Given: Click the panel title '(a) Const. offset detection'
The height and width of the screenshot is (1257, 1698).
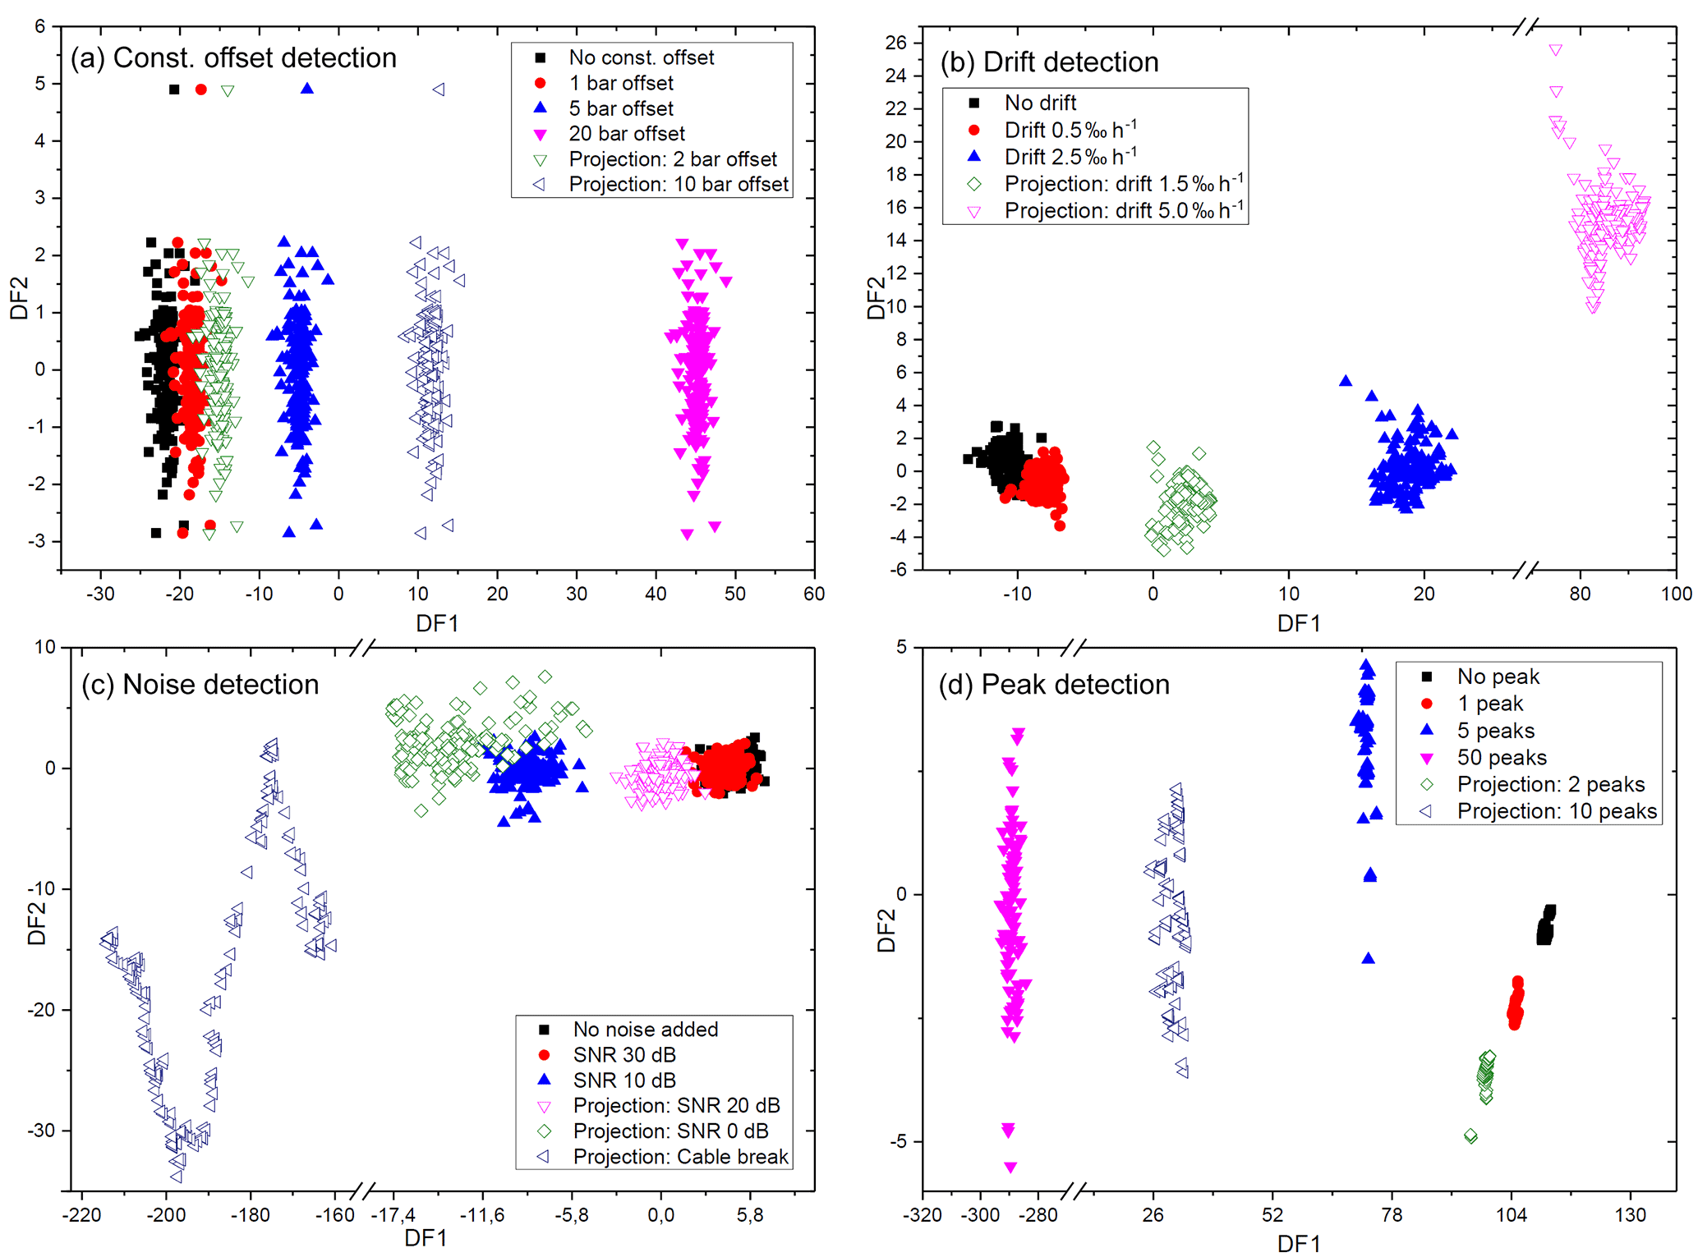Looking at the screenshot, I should (233, 58).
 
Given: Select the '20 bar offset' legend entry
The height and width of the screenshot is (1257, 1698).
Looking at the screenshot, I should (626, 134).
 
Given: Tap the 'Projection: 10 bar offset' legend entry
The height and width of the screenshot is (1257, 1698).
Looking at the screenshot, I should (678, 185).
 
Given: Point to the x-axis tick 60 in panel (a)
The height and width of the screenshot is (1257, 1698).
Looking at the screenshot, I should (813, 594).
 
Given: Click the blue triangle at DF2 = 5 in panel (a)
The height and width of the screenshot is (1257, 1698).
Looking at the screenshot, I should (307, 89).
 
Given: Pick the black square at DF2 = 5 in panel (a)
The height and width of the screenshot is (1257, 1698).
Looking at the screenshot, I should (174, 89).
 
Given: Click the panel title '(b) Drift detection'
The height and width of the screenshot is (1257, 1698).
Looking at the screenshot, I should (1049, 62).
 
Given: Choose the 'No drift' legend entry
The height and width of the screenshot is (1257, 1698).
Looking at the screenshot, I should (1040, 103).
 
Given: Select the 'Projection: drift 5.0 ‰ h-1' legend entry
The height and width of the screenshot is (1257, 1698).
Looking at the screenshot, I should (1123, 211).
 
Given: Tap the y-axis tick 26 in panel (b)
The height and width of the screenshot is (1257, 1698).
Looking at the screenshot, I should (895, 43).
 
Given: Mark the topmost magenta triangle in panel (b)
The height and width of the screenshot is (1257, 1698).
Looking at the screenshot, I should (1555, 50).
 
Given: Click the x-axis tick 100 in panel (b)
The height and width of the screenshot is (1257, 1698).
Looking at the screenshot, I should (1676, 594).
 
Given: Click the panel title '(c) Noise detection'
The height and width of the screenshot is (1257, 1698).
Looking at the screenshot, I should (200, 685).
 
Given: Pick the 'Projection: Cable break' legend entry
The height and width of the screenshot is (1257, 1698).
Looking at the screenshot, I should (680, 1157).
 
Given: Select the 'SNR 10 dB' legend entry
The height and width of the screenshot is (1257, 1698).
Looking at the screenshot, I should (624, 1080).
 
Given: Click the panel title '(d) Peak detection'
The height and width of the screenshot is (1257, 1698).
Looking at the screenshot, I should (1054, 685).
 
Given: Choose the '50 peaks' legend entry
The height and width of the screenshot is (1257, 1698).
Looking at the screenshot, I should (1502, 758).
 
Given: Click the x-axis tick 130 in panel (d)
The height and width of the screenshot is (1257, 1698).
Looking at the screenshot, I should (1630, 1214).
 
